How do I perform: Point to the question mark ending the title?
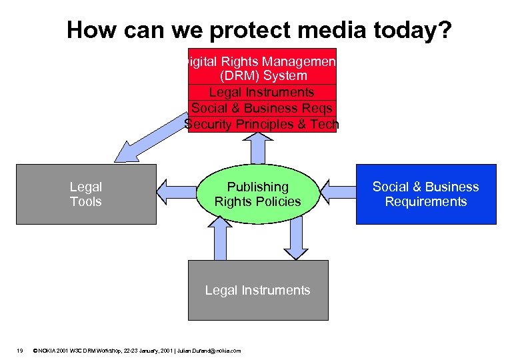pyautogui.click(x=445, y=29)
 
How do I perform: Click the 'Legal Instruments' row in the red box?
pyautogui.click(x=262, y=92)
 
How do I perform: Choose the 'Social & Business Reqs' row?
pyautogui.click(x=262, y=108)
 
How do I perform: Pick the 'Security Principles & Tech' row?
pyautogui.click(x=262, y=124)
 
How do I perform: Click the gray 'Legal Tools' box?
pyautogui.click(x=86, y=194)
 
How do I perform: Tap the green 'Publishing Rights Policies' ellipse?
pyautogui.click(x=257, y=194)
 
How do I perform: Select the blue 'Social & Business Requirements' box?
pyautogui.click(x=425, y=194)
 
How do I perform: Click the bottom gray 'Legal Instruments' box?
pyautogui.click(x=257, y=290)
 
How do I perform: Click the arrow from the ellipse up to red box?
pyautogui.click(x=257, y=147)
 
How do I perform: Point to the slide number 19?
pyautogui.click(x=20, y=350)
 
